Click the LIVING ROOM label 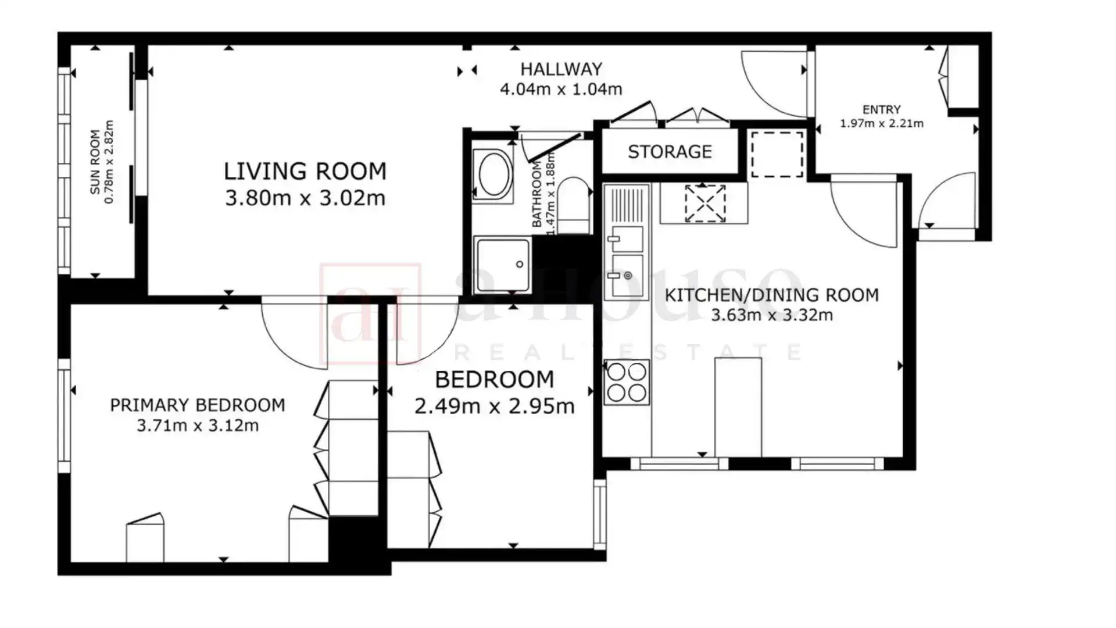click(305, 172)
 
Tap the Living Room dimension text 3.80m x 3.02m click(305, 198)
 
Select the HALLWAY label click(561, 69)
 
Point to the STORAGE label click(670, 152)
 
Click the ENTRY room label click(882, 109)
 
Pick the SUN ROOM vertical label click(95, 162)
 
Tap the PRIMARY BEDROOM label click(198, 405)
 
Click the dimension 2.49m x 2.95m click(495, 406)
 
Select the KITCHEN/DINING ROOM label click(772, 295)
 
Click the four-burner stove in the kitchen click(627, 382)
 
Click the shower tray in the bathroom click(503, 265)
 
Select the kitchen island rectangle click(738, 407)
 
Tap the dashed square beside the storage click(777, 154)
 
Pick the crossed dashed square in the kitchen click(705, 203)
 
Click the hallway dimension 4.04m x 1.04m click(561, 90)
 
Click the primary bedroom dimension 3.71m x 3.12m click(198, 426)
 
